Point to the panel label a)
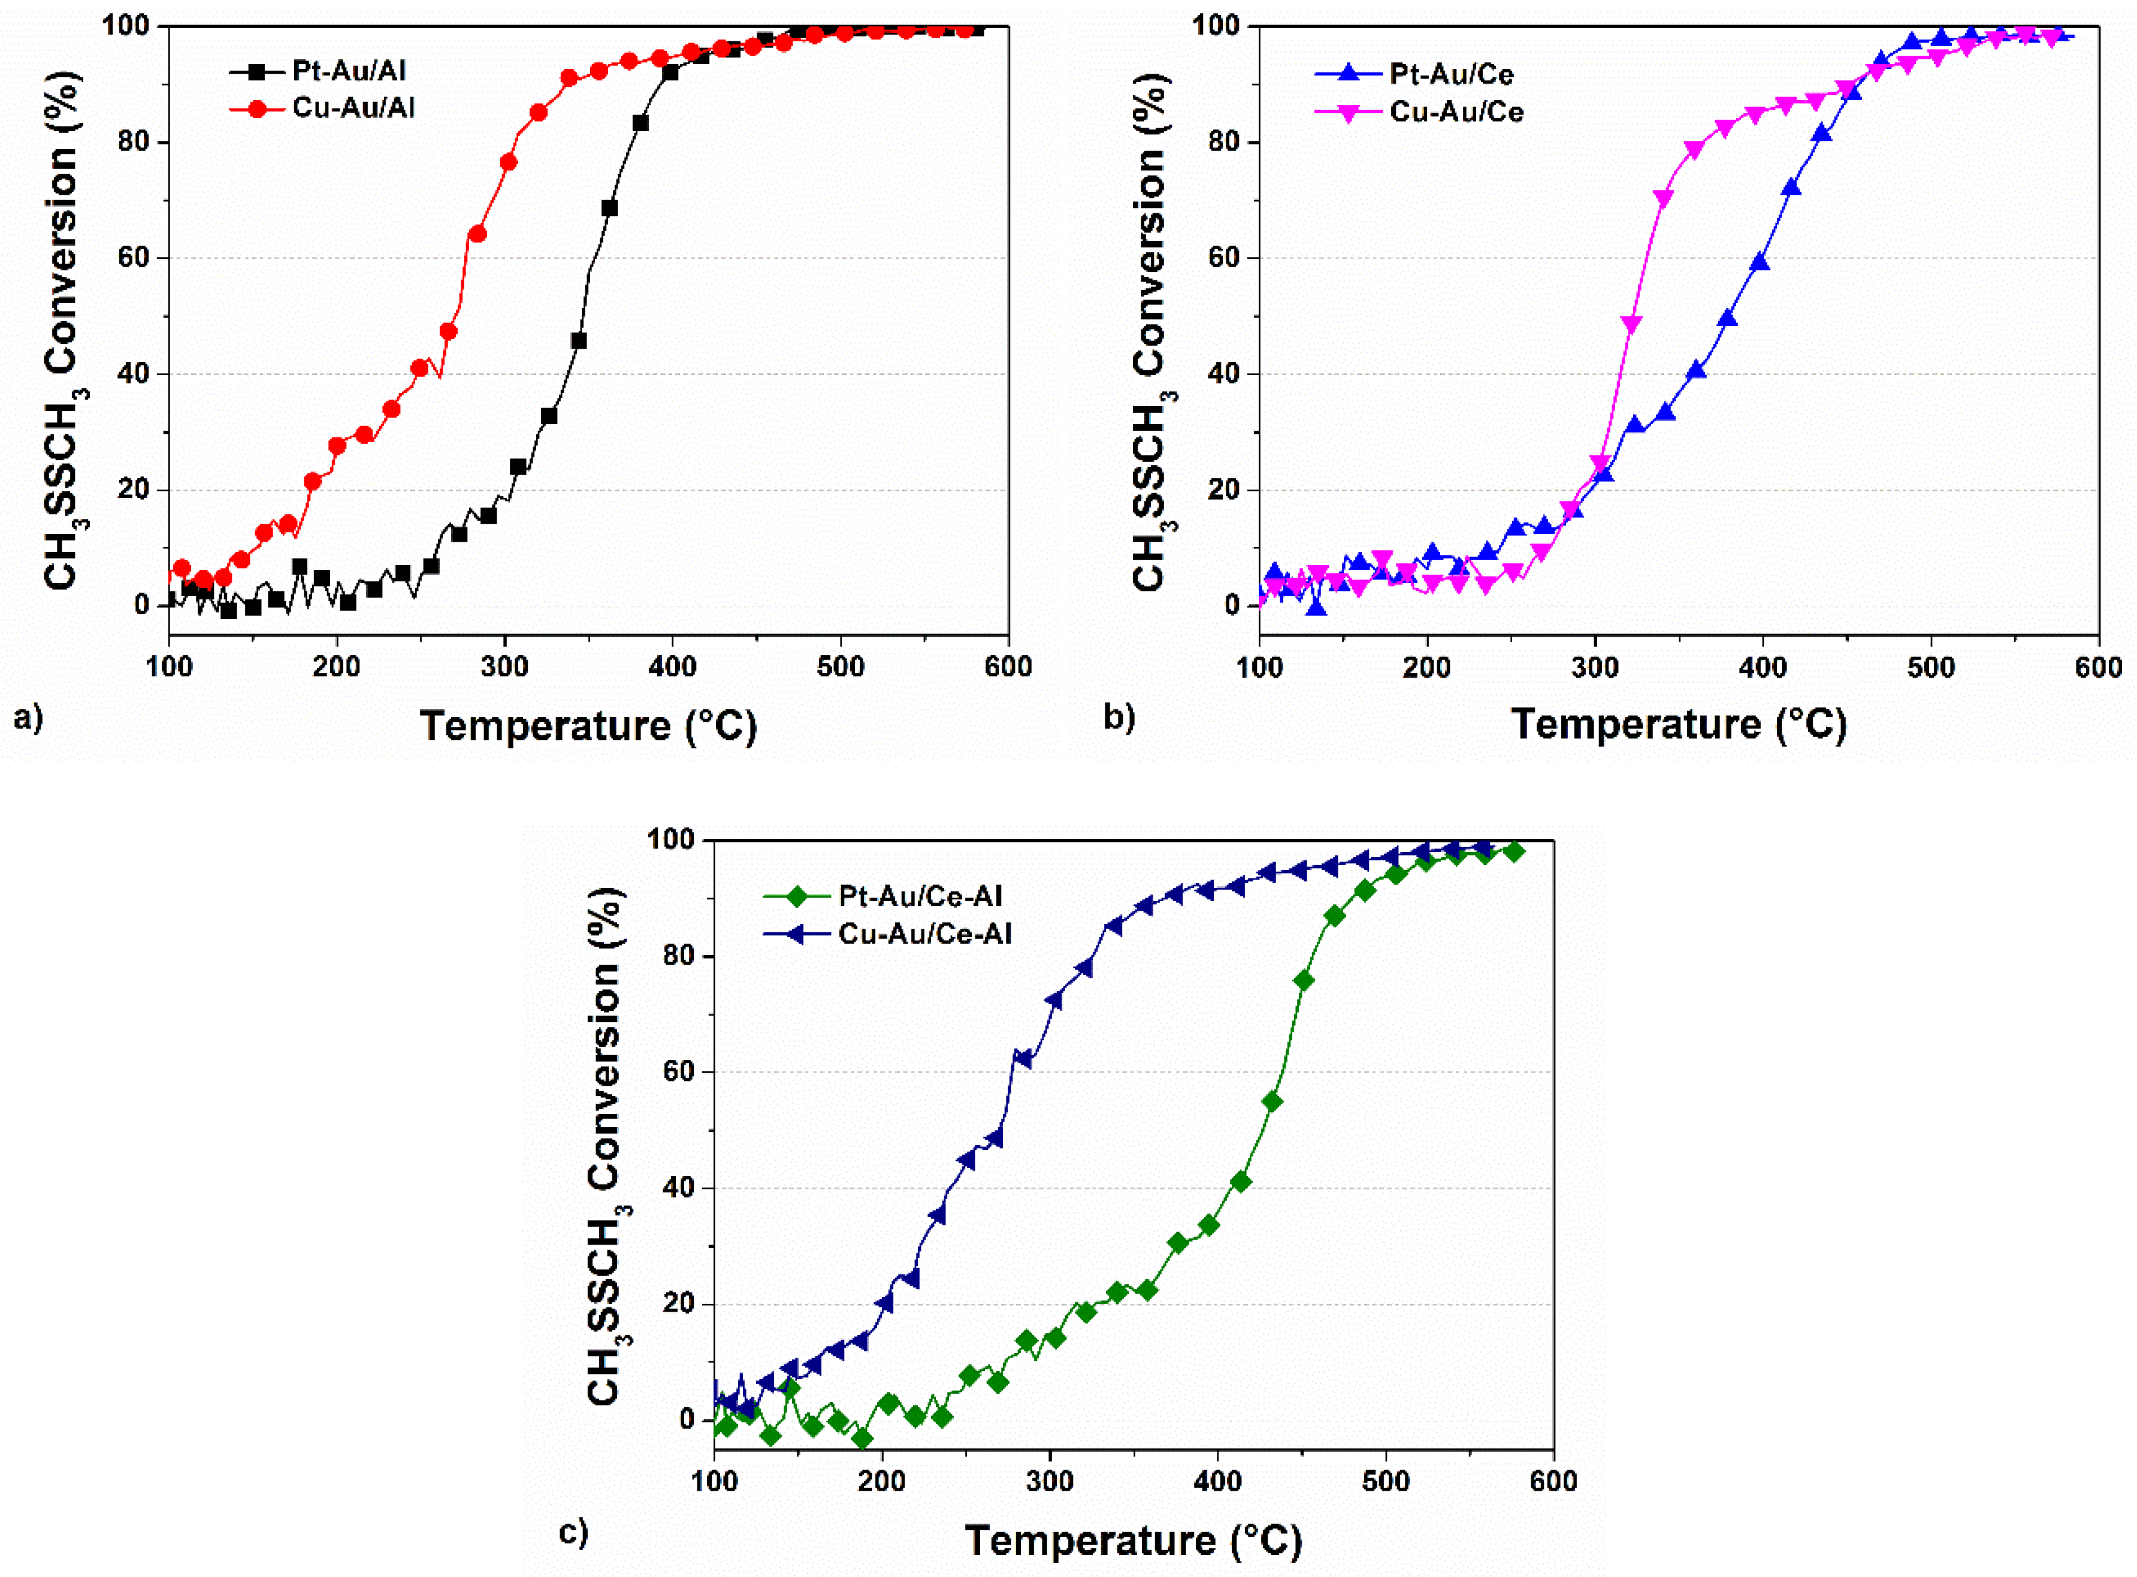29,716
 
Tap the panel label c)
573,1532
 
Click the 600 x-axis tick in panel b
2098,666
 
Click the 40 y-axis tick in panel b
1223,374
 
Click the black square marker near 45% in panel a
578,341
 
